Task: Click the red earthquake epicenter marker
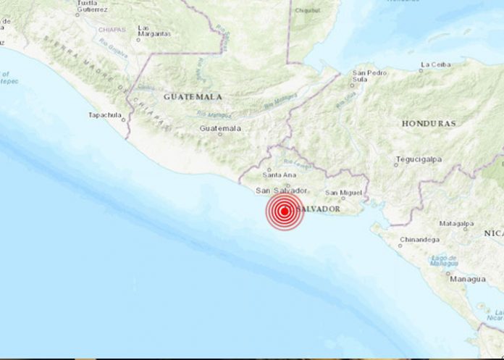click(285, 212)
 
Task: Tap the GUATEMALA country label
click(193, 96)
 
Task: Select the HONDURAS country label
click(429, 123)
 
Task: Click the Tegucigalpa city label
click(421, 159)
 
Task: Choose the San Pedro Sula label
click(369, 77)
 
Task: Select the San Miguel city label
click(341, 193)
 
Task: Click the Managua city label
click(467, 279)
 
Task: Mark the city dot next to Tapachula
click(124, 120)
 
